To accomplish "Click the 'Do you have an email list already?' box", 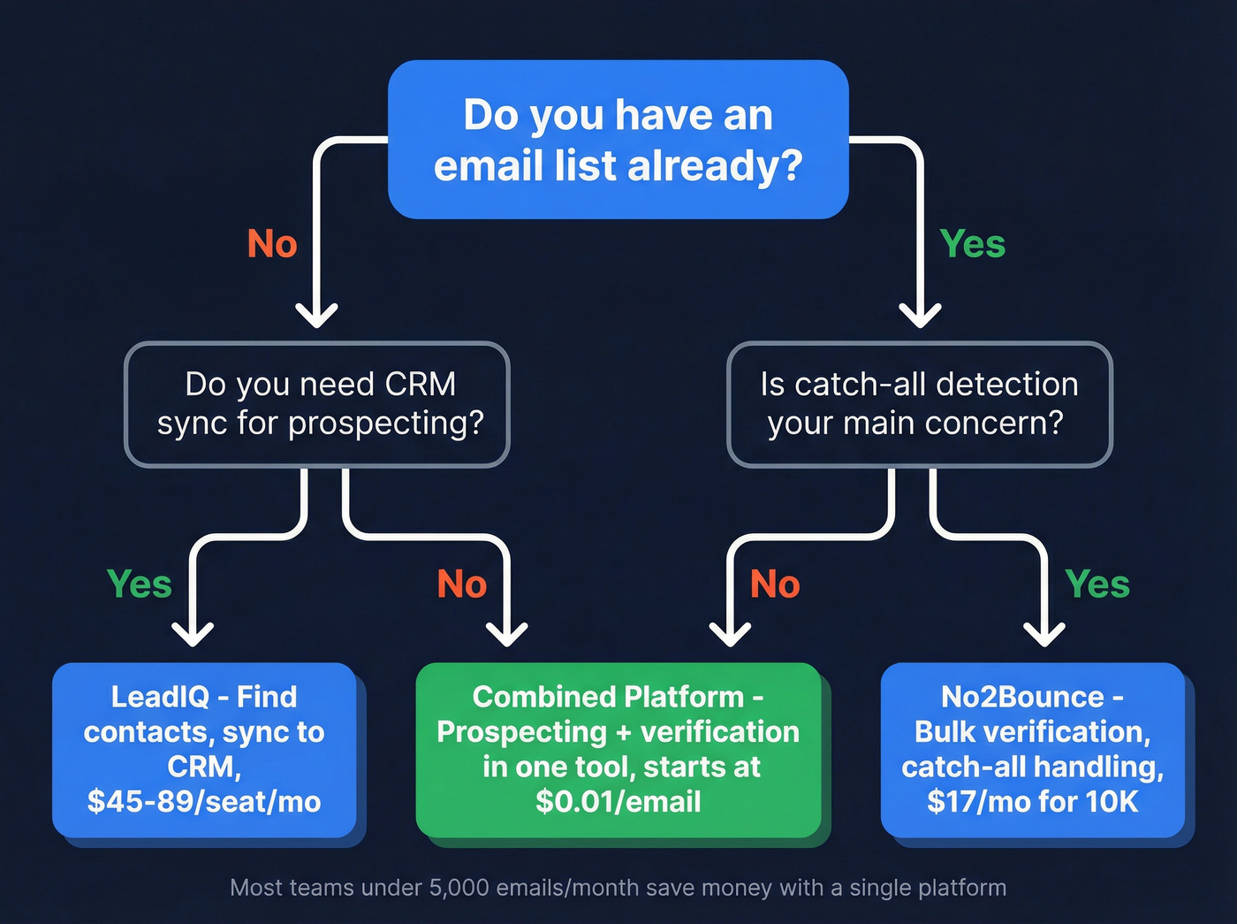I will (618, 140).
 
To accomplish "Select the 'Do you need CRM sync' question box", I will (317, 404).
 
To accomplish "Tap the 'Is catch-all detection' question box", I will (919, 404).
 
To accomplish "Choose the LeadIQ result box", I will (204, 749).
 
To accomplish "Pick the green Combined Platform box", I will (618, 749).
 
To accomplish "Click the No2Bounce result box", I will (1032, 749).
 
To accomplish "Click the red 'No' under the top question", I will (272, 244).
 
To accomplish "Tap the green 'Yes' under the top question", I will (972, 244).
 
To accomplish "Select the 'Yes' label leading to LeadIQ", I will (140, 584).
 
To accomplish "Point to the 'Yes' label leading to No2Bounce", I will (1097, 584).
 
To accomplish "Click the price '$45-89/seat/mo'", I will (204, 802).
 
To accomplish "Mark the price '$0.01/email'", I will (618, 802).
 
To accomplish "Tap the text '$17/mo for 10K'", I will (1032, 802).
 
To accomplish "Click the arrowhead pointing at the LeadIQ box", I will (193, 634).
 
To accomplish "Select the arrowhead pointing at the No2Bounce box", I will (1044, 634).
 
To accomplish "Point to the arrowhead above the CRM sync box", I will (316, 315).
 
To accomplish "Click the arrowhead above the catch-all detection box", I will (920, 315).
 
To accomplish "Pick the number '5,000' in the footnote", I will (459, 888).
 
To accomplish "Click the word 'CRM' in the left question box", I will (421, 385).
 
